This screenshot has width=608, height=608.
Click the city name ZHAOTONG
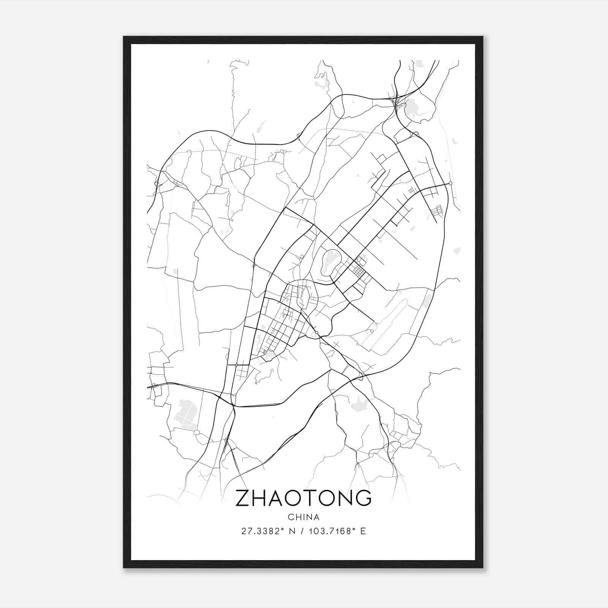(x=303, y=498)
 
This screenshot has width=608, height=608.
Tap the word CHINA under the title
(x=303, y=517)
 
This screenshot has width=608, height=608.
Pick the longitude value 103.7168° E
(x=338, y=531)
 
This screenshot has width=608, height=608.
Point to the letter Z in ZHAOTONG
(x=243, y=498)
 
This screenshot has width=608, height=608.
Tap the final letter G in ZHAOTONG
(x=363, y=498)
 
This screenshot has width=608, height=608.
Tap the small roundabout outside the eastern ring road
(x=450, y=183)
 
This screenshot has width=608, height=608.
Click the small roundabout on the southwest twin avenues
(x=236, y=365)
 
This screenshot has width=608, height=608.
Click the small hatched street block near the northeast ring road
(x=438, y=211)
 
